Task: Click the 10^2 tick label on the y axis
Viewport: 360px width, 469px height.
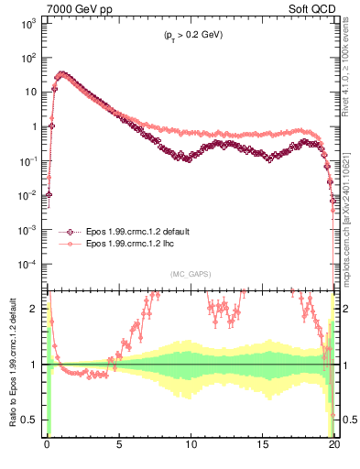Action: (27, 58)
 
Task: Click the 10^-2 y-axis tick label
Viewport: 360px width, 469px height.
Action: (27, 195)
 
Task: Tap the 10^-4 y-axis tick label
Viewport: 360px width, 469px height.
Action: (27, 264)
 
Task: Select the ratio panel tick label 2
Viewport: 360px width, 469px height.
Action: (36, 309)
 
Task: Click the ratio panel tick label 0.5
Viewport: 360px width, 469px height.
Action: (32, 420)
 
